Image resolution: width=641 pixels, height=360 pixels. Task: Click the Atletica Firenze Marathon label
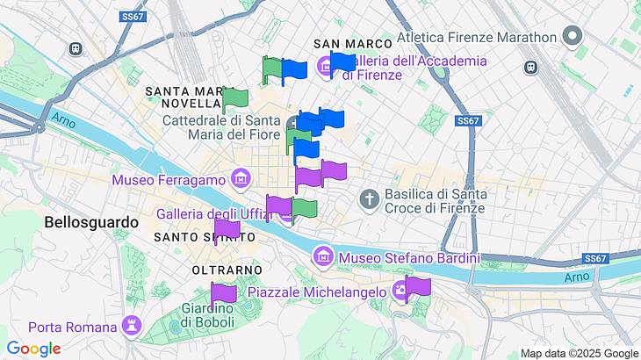477,37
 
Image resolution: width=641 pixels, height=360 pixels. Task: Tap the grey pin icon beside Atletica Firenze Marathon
573,37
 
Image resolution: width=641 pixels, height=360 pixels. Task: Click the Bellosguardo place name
91,223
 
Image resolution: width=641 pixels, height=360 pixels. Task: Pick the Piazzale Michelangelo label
317,292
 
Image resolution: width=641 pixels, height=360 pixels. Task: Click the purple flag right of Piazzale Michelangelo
418,287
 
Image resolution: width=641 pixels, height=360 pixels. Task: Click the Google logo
33,349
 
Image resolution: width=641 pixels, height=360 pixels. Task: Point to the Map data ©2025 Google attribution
580,353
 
